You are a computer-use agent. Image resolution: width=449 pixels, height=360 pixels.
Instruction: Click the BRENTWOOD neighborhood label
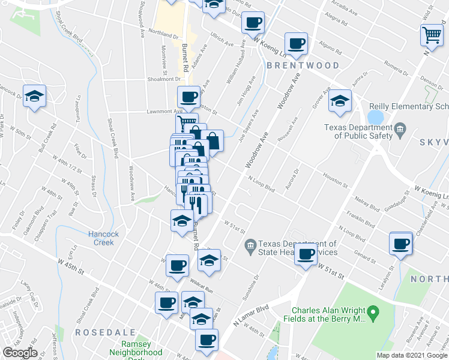coord(303,65)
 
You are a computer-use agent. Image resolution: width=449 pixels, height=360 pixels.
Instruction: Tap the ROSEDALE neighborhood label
coord(98,331)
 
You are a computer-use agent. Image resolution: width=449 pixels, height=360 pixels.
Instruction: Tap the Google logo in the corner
coord(20,352)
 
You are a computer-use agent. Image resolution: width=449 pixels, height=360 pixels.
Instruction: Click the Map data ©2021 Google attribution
coord(412,355)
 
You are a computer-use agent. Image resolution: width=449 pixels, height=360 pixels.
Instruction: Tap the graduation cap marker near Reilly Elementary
coord(339,101)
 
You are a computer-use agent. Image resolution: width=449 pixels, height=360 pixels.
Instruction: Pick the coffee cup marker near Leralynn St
coord(400,243)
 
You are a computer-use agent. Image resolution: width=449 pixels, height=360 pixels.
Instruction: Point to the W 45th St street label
coord(71,266)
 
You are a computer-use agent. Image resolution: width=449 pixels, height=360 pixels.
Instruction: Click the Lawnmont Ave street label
coord(165,112)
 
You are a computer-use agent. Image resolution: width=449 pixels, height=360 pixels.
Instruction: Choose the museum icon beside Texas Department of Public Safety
coord(400,127)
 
